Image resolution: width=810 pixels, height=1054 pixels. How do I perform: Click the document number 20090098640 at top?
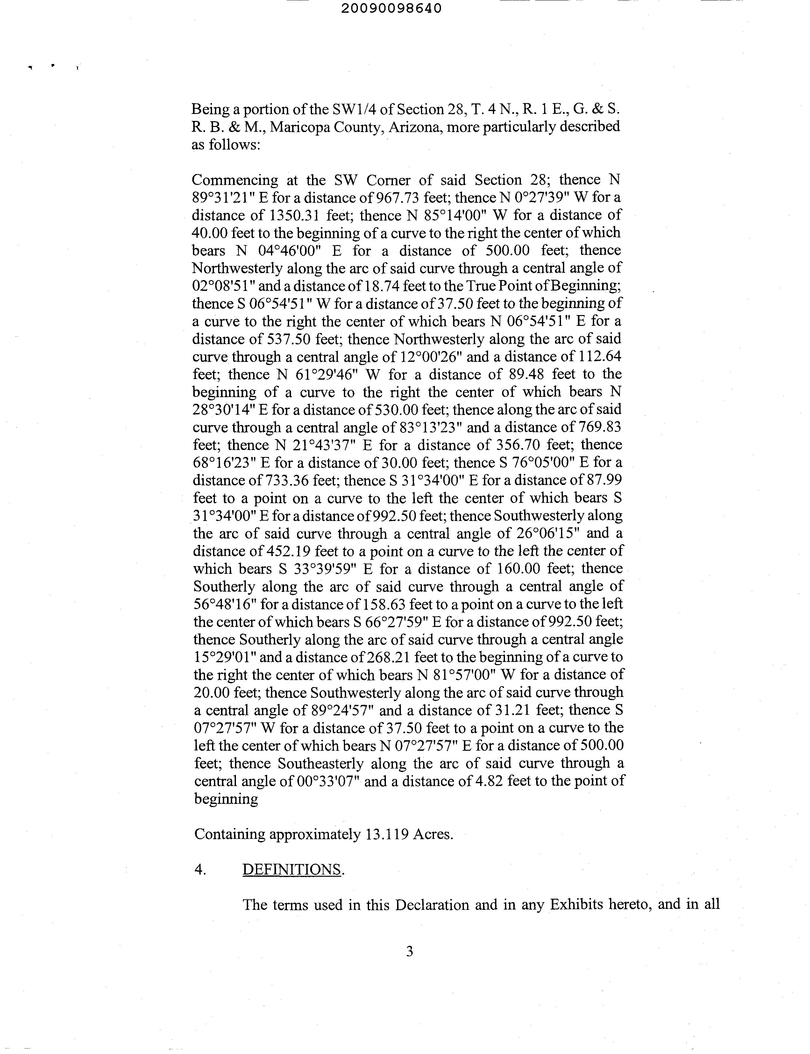click(391, 9)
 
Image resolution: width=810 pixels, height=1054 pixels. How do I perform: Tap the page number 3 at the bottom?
click(409, 951)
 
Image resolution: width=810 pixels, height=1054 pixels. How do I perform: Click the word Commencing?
click(235, 180)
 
